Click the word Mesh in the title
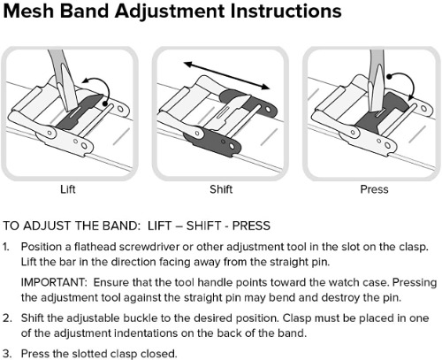pos(30,11)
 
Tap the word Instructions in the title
pos(286,11)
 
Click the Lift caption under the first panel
pos(68,189)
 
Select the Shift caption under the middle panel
pos(221,189)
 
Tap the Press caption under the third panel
pos(374,189)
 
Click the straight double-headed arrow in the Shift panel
pos(226,75)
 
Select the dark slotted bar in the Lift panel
pos(80,112)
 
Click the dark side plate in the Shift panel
pos(212,142)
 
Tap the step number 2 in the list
pos(7,318)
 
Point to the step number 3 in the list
pos(7,354)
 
